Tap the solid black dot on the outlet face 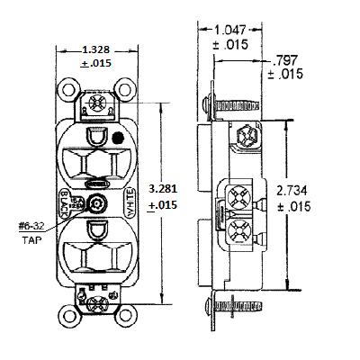click(118, 139)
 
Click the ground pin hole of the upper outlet click(97, 137)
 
